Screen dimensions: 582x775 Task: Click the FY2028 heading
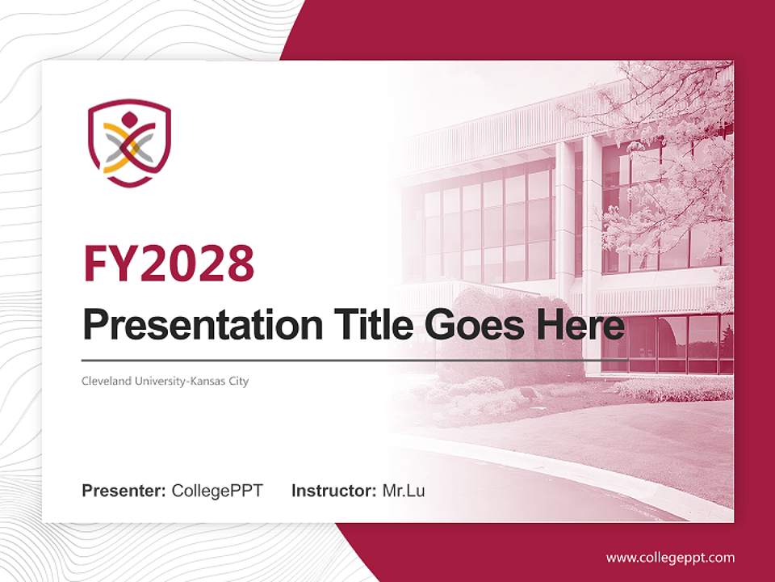pyautogui.click(x=169, y=263)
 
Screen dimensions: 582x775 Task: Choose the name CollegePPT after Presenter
pyautogui.click(x=217, y=491)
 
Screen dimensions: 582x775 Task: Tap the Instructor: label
pyautogui.click(x=333, y=491)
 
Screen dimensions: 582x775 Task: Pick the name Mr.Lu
pyautogui.click(x=404, y=491)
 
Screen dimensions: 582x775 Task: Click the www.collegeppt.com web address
pyautogui.click(x=670, y=558)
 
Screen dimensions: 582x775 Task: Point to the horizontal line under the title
pyautogui.click(x=355, y=359)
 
